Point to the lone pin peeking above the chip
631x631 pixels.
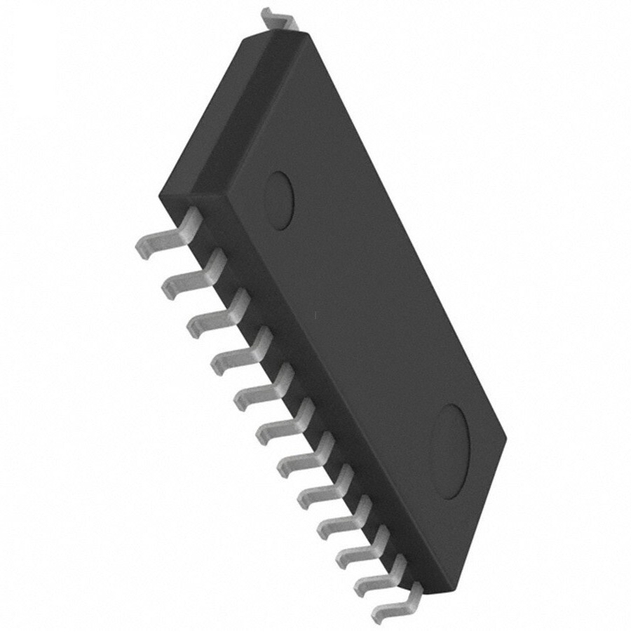click(x=278, y=18)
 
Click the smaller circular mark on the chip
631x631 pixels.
click(x=279, y=200)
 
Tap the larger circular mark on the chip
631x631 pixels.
click(x=449, y=452)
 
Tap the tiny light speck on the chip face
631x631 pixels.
click(x=315, y=313)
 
